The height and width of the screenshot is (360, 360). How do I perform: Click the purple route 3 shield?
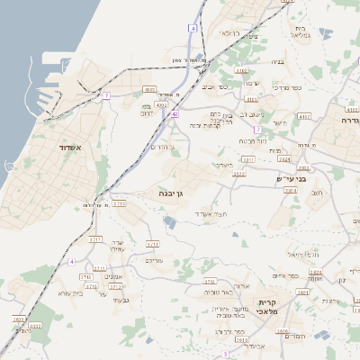(226, 355)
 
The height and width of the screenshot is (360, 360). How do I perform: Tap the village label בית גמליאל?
(302, 33)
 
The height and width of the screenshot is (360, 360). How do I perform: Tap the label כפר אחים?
(285, 275)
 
